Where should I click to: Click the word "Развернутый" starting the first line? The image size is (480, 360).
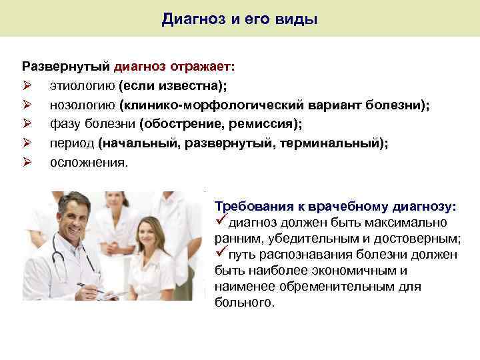66,67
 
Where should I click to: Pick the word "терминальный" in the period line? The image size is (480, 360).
339,143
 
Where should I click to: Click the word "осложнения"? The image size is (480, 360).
86,163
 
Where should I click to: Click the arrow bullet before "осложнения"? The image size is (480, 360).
27,163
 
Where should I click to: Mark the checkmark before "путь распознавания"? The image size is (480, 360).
221,254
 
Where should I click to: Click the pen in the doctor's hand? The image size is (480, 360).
91,288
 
